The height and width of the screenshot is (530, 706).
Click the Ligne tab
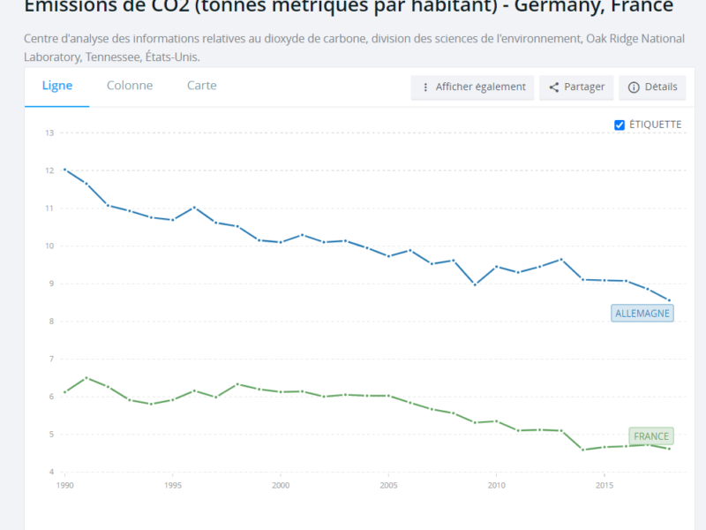(x=56, y=86)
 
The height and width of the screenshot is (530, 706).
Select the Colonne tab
(x=130, y=86)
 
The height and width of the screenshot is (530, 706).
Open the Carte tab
(x=201, y=86)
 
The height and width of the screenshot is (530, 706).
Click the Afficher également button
(x=472, y=87)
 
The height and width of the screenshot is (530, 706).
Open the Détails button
(x=653, y=87)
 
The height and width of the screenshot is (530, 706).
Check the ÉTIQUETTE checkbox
(x=620, y=125)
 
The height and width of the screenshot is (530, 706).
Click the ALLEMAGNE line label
(x=642, y=314)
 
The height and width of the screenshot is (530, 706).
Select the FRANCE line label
(x=651, y=436)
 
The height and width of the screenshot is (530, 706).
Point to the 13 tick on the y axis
(x=50, y=133)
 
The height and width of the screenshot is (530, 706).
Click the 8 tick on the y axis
(x=51, y=322)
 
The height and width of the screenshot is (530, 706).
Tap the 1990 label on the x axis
(x=65, y=486)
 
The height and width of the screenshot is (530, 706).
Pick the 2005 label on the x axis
(x=388, y=486)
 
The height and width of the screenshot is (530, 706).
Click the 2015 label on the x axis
(x=605, y=486)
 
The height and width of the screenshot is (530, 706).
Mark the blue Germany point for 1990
(x=65, y=170)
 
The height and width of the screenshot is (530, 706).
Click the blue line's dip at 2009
(x=476, y=284)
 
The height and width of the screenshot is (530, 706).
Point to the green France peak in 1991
(x=86, y=378)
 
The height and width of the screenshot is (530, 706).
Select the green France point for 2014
(x=583, y=450)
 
